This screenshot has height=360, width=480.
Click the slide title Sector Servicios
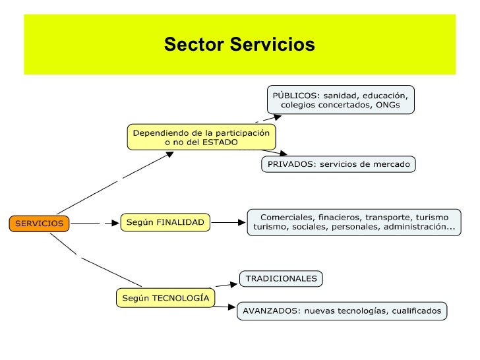pyautogui.click(x=239, y=45)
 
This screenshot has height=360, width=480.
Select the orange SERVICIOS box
pyautogui.click(x=40, y=223)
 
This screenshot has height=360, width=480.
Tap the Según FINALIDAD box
pyautogui.click(x=165, y=222)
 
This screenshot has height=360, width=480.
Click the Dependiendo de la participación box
pyautogui.click(x=202, y=137)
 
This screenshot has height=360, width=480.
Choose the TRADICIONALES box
pyautogui.click(x=281, y=279)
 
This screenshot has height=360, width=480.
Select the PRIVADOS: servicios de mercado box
pyautogui.click(x=338, y=164)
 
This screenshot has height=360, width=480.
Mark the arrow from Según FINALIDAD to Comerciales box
pyautogui.click(x=229, y=223)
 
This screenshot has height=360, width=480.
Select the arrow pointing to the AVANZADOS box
pyautogui.click(x=225, y=305)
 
